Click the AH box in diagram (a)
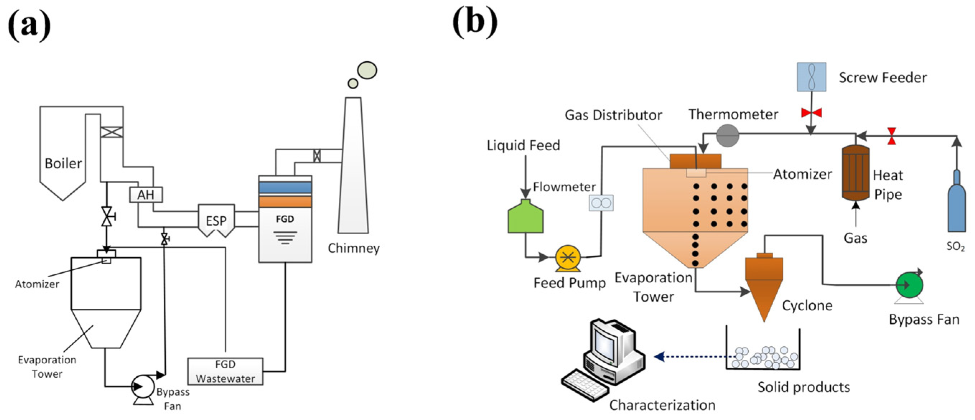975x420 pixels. click(146, 194)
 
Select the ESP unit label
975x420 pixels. click(216, 221)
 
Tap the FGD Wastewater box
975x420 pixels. click(225, 371)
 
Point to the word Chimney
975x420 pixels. click(353, 248)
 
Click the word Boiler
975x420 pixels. click(63, 164)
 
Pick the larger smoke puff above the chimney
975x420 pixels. click(367, 70)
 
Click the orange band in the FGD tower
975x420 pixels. click(285, 202)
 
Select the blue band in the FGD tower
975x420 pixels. click(285, 187)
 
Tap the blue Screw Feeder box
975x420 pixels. click(811, 77)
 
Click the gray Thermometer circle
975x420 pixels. click(727, 136)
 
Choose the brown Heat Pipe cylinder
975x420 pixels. click(856, 173)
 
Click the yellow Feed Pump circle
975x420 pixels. click(568, 258)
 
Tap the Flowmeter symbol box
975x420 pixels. click(601, 203)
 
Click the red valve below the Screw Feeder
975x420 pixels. click(811, 112)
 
